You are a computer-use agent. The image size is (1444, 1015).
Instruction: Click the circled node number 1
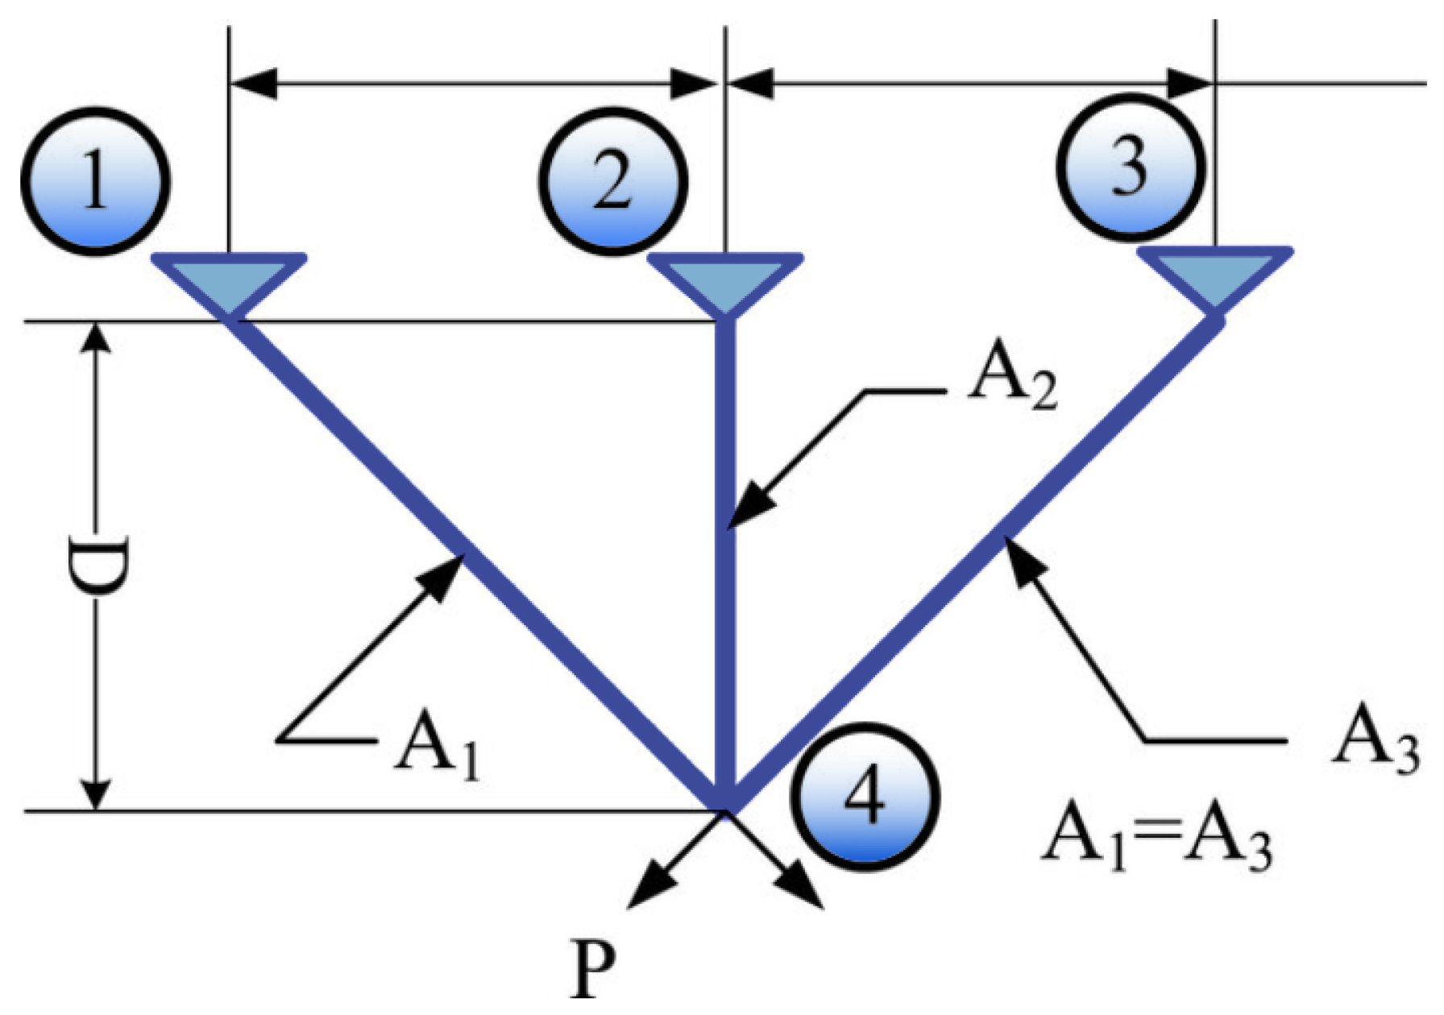(x=95, y=181)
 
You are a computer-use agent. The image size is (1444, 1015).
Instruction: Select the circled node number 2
(x=612, y=181)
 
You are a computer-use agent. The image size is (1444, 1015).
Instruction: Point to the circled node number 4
(x=865, y=797)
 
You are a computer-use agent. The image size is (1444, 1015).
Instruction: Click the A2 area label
(x=1011, y=380)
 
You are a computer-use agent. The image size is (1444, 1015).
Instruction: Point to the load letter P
(x=595, y=969)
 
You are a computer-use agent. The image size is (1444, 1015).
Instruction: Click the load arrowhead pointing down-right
(x=806, y=893)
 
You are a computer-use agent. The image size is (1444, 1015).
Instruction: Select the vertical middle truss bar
(x=726, y=564)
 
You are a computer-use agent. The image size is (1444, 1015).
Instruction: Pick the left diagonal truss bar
(x=475, y=564)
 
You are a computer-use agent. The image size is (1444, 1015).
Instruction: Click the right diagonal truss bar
(x=975, y=564)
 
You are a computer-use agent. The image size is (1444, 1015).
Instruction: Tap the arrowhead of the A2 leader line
(x=746, y=507)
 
